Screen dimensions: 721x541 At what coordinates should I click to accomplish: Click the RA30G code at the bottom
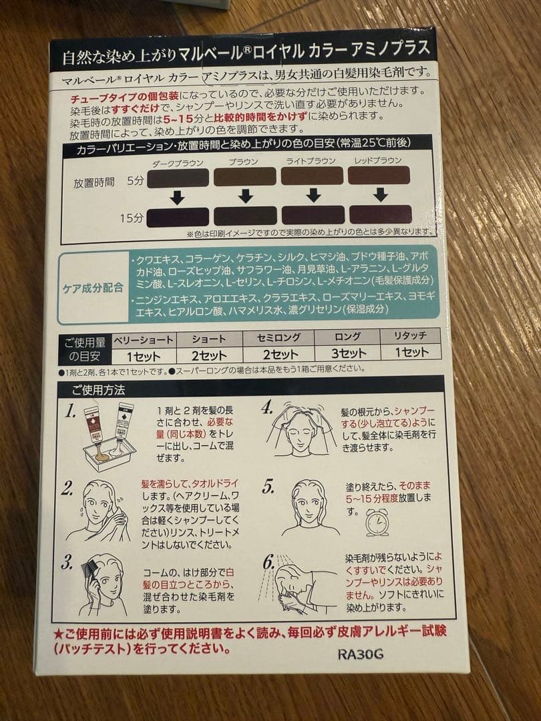click(x=360, y=654)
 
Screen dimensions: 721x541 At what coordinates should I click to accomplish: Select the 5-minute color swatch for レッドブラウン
click(x=379, y=176)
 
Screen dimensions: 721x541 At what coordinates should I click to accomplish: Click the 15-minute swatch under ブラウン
click(x=244, y=216)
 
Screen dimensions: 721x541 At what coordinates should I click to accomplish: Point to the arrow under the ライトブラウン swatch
click(x=313, y=195)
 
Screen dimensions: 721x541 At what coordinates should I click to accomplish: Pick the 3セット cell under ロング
click(x=348, y=353)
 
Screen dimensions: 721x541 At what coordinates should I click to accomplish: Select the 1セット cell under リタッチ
click(x=411, y=352)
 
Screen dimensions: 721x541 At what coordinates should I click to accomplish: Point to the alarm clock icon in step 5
click(x=377, y=522)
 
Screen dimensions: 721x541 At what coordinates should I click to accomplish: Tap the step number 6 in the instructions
click(x=268, y=562)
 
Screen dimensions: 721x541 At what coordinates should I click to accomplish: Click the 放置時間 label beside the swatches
click(x=94, y=181)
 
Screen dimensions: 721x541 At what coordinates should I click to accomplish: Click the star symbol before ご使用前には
click(x=58, y=632)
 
